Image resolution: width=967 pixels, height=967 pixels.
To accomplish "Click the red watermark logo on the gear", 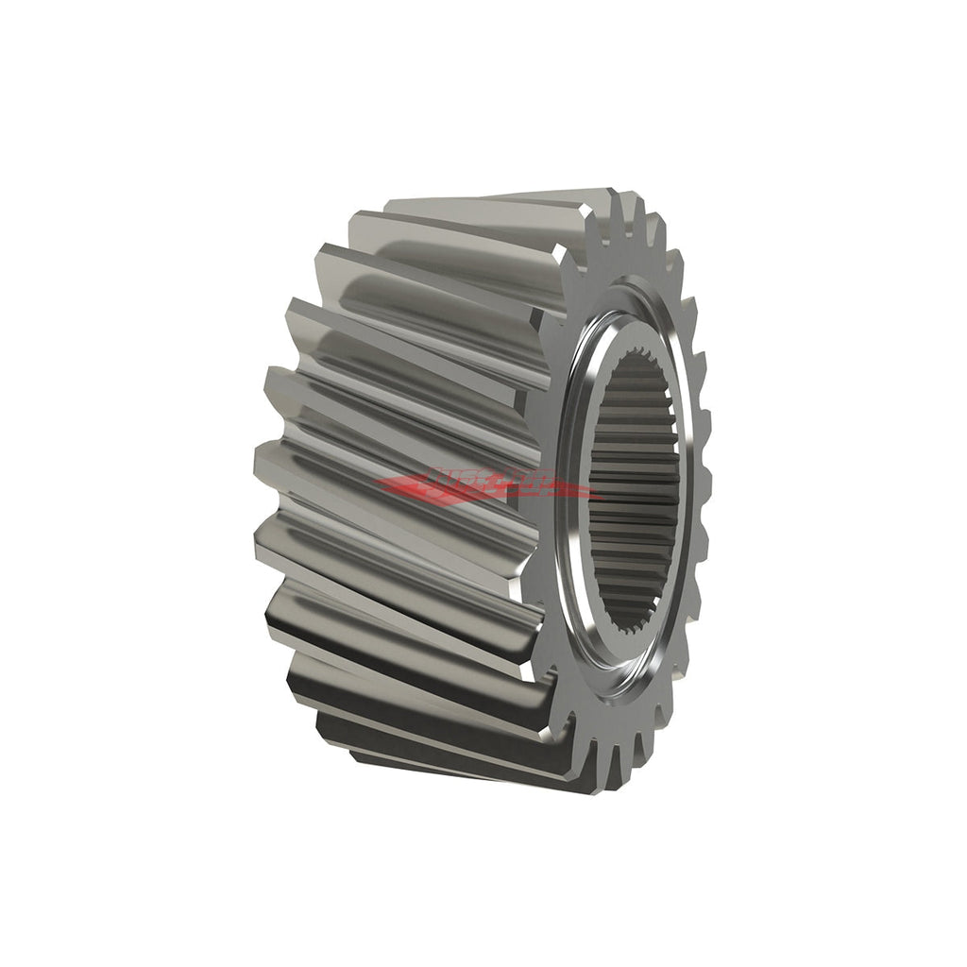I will pyautogui.click(x=486, y=487).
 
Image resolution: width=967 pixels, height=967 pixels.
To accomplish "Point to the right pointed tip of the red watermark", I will pyautogui.click(x=601, y=493).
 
